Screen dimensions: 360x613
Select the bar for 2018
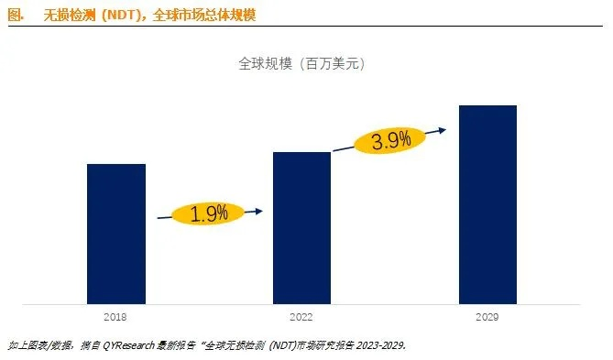(x=116, y=234)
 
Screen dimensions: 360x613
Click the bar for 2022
(x=301, y=227)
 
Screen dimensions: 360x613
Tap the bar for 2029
(x=487, y=203)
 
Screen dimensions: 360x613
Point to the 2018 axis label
(x=116, y=316)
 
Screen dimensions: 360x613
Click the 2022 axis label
(x=301, y=316)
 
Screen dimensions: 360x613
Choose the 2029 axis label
(x=487, y=316)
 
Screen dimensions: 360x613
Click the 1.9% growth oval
(x=210, y=214)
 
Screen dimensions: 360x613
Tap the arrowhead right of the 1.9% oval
(x=259, y=212)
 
